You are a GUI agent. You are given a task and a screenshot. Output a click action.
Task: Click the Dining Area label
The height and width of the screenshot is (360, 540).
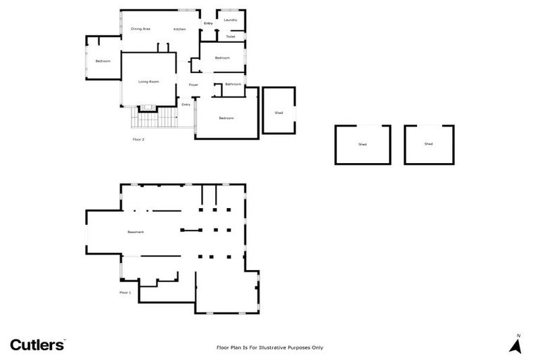pos(141,29)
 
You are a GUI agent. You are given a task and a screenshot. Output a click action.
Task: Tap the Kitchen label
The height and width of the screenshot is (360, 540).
pos(180,29)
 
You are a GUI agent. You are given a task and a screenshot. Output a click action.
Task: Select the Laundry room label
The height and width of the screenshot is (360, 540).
pos(230,20)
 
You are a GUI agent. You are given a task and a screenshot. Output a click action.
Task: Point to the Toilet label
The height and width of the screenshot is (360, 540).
pos(231,37)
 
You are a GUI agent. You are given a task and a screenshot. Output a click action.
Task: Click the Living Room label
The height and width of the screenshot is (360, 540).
pos(148,82)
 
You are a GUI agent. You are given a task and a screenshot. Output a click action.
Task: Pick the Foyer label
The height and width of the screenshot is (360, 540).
pos(193,84)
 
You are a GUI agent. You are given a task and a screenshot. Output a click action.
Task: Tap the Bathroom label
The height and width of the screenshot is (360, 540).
pos(233,84)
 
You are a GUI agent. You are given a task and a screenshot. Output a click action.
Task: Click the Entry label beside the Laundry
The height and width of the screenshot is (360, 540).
pos(208,24)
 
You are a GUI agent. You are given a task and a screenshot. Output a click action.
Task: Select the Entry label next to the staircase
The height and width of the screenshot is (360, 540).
pos(186,105)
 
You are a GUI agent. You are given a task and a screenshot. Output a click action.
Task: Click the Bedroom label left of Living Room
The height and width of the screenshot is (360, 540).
pos(103,61)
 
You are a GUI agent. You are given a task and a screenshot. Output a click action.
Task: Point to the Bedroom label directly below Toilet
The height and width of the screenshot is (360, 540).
pos(222,58)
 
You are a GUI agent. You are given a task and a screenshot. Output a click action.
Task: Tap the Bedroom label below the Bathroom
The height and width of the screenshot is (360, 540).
pos(226,118)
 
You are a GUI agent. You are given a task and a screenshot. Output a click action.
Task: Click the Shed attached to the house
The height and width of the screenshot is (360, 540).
pos(278,112)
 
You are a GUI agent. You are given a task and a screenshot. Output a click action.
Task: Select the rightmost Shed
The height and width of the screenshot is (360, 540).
pos(428,144)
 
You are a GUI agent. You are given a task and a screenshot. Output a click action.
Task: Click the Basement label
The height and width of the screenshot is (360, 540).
pos(136,232)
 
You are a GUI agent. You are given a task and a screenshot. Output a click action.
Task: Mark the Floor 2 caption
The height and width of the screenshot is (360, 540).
pos(139,139)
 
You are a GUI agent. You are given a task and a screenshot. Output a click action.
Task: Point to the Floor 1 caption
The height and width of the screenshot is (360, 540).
pos(125,292)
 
